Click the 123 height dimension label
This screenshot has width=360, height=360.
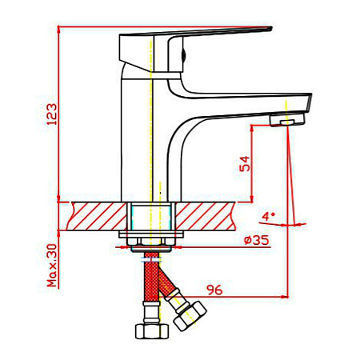coord(52,114)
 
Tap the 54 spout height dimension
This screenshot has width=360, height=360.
coord(245,164)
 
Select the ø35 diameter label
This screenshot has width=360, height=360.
coord(257,240)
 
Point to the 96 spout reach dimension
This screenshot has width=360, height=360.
coord(214,290)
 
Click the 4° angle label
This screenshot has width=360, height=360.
coord(268,216)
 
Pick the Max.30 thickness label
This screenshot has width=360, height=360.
coord(52,266)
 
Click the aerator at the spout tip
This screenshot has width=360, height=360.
coord(287,120)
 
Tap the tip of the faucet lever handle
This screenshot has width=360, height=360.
coord(271,28)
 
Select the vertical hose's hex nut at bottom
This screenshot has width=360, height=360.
coord(152,331)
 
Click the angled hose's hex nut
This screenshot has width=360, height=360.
coord(190,316)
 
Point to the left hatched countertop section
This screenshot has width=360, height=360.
coord(97,216)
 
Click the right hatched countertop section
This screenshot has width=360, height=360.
coord(206,216)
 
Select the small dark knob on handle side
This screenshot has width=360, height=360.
coord(183,54)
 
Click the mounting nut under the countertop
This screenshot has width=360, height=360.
coord(151,242)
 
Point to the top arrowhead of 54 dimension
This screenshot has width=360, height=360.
coord(252,128)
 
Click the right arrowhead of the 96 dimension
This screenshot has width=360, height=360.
coord(286,296)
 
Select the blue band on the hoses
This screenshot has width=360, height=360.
coord(151,260)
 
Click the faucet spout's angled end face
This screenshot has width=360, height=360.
coord(309,102)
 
